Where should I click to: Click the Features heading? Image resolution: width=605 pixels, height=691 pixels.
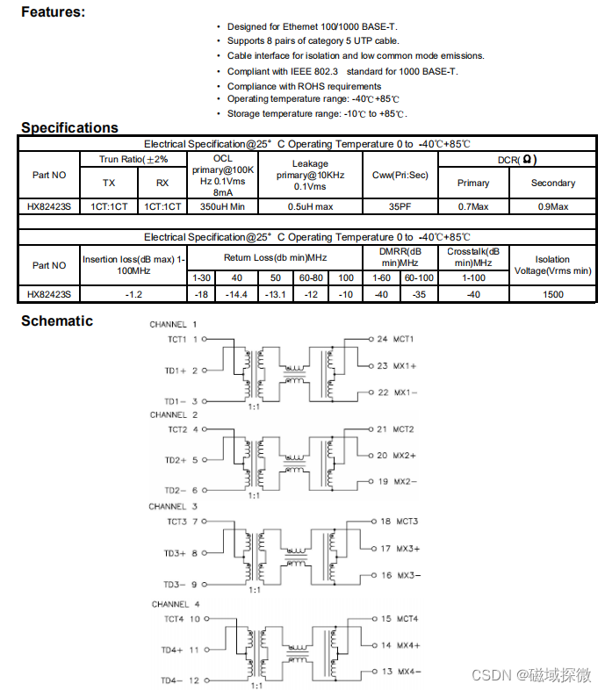tap(53, 12)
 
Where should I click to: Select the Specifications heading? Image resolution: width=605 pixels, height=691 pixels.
tap(69, 127)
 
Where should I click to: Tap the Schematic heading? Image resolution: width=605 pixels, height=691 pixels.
tap(57, 321)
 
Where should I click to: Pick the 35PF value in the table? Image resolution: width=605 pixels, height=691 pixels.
tap(400, 206)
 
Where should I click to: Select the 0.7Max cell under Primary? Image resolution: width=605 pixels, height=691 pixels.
tap(473, 206)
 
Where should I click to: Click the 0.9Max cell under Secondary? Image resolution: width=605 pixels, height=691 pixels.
tap(552, 206)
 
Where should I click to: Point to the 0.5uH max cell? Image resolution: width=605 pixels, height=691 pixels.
tap(311, 206)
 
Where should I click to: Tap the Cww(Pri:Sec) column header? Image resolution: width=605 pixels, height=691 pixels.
tap(400, 175)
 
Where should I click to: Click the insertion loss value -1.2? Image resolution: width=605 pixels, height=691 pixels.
tap(133, 294)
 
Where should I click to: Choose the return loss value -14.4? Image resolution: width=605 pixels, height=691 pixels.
tap(237, 294)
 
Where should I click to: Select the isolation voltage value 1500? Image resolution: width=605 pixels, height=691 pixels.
tap(552, 294)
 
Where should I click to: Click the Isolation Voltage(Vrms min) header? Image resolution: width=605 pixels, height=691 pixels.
tap(552, 265)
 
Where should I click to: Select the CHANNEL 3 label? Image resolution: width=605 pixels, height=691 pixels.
tap(173, 507)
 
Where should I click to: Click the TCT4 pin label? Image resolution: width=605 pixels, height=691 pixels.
tap(173, 619)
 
